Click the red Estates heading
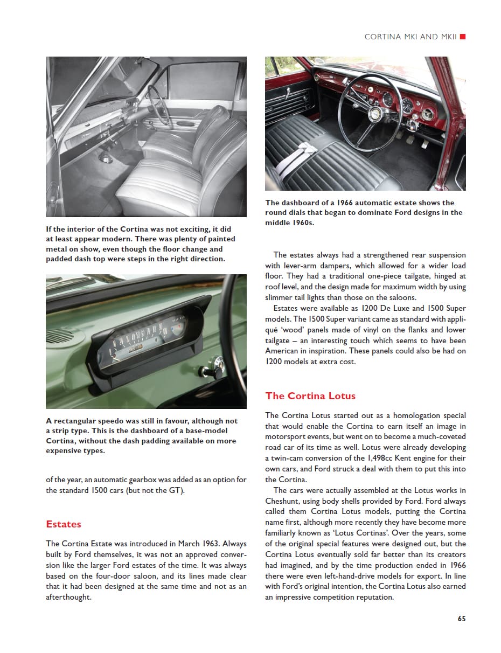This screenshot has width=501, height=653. coord(64,524)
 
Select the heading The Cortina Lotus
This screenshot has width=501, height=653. coord(310,396)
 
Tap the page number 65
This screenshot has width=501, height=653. coord(462,619)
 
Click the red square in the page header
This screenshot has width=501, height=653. coord(463,37)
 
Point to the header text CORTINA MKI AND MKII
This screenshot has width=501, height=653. coord(410,37)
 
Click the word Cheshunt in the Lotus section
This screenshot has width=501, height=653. coord(283,501)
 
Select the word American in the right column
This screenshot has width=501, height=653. coord(285,351)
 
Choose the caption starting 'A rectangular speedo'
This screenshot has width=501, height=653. coord(142,435)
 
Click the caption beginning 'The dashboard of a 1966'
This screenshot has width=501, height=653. coord(364,212)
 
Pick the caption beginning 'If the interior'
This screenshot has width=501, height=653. coord(141,244)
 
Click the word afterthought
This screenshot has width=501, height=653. coord(68,597)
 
